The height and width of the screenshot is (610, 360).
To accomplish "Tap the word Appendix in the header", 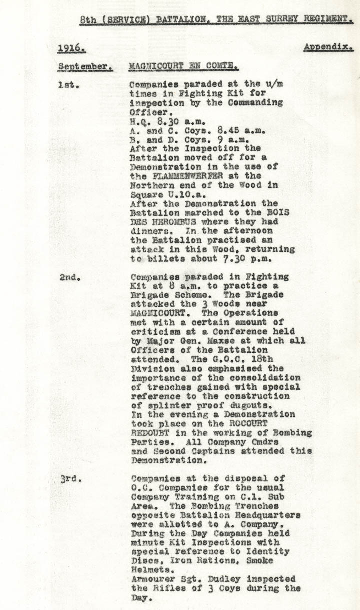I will coord(328,47).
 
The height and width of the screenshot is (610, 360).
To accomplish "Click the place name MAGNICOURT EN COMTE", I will coord(183,66).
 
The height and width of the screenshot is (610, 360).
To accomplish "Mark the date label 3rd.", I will coord(69,478).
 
